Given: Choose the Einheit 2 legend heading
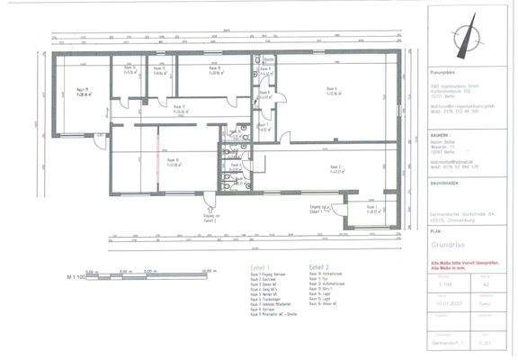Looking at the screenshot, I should coord(318,267).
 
